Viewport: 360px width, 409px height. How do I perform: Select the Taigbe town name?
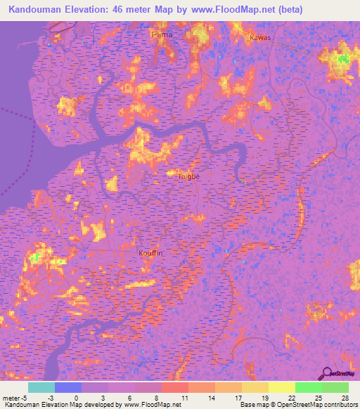pos(189,176)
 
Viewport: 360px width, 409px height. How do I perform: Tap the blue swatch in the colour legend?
pos(67,387)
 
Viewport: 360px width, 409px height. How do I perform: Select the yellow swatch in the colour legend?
pos(281,387)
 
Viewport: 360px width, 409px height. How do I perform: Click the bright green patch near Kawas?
pos(344,58)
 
